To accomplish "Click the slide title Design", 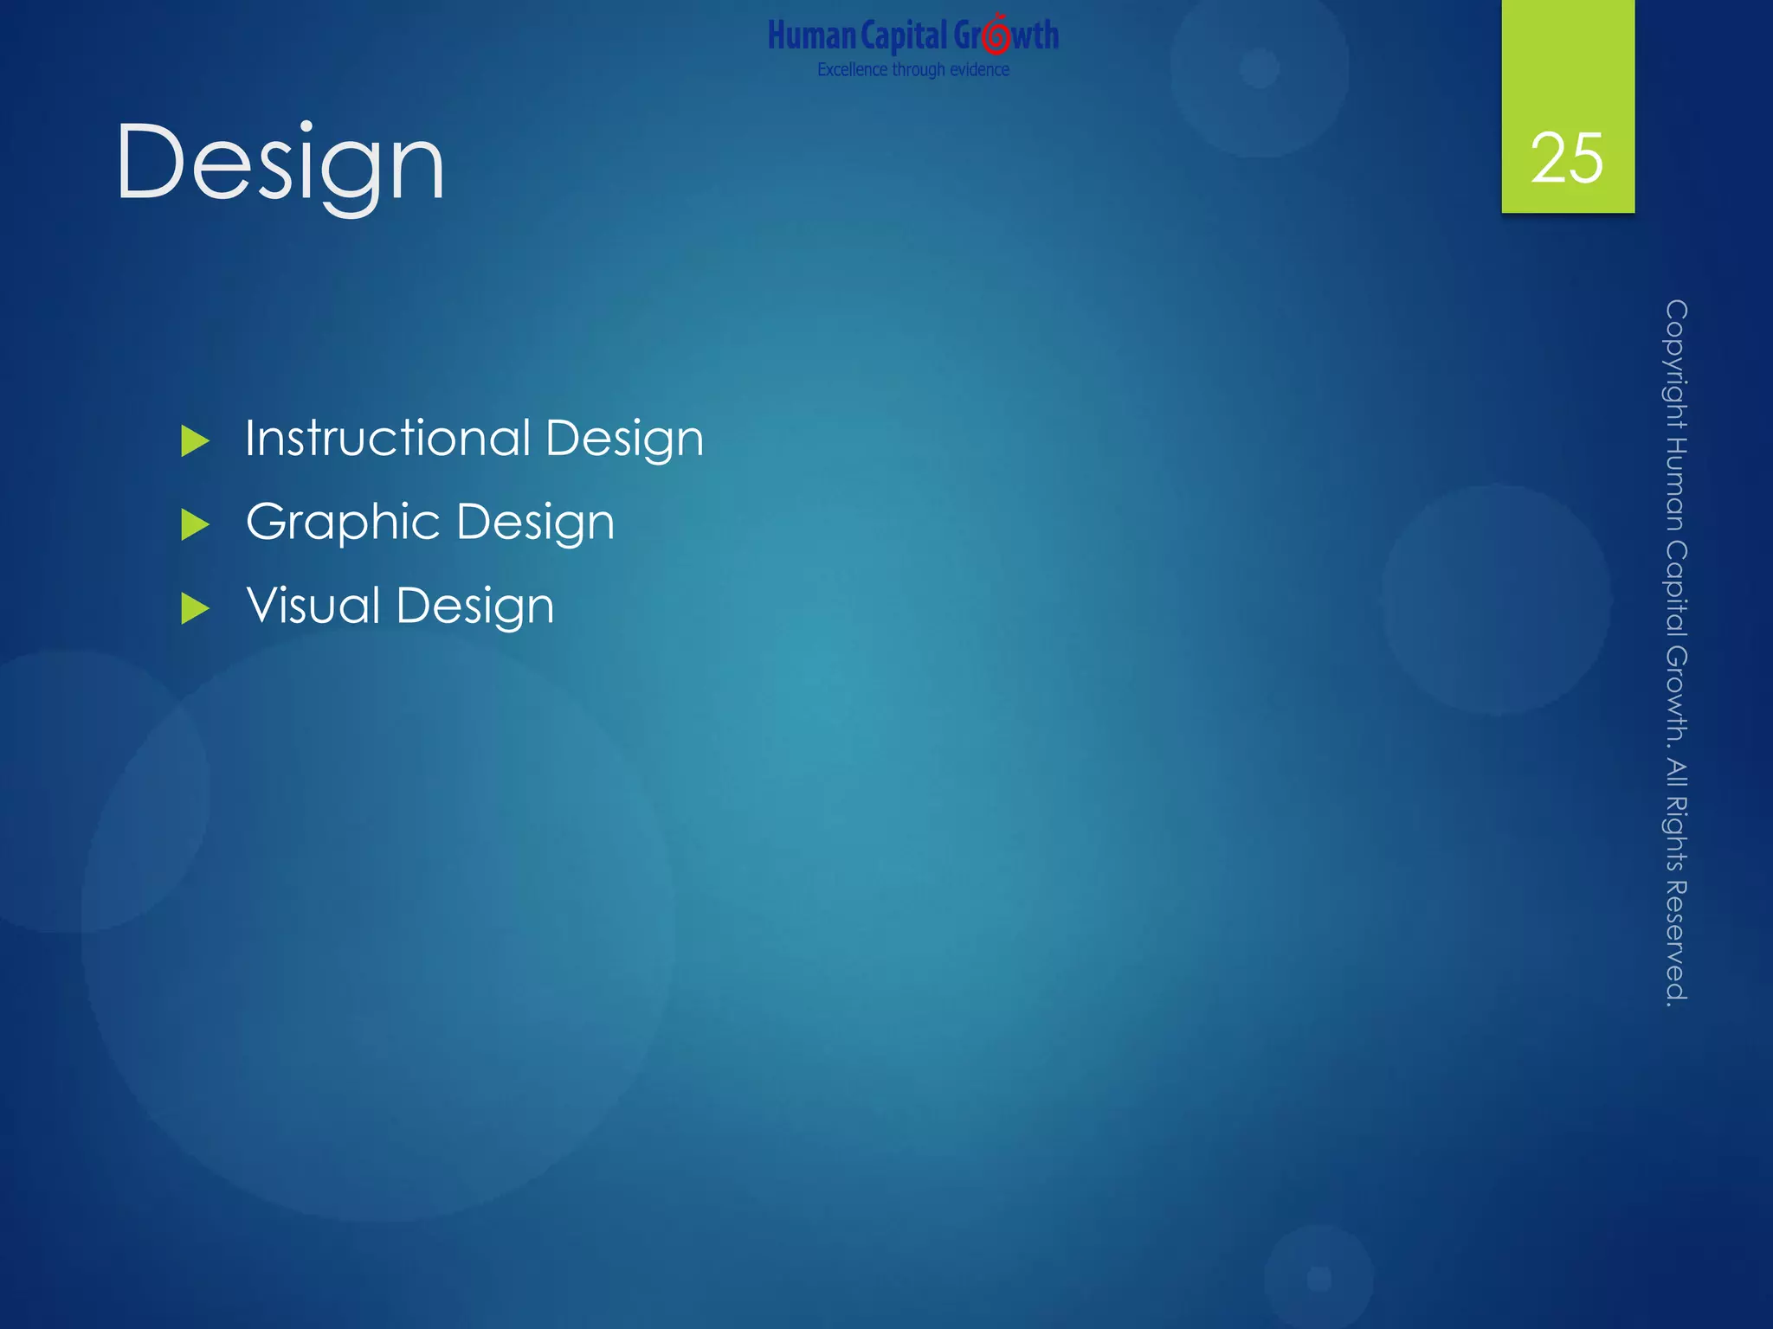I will [x=280, y=163].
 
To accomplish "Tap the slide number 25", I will [x=1567, y=158].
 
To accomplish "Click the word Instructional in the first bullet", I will [x=388, y=438].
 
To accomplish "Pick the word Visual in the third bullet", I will [x=313, y=605].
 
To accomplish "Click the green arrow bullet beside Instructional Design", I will [x=195, y=441].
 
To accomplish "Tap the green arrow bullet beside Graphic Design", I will [x=195, y=525].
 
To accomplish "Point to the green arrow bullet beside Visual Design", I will [x=195, y=609].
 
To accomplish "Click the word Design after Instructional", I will [x=624, y=440].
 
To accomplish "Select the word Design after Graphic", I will [x=535, y=523].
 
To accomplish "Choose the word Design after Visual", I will [x=474, y=607].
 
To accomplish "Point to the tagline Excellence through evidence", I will [x=913, y=70].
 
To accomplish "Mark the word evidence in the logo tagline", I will [x=979, y=70].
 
